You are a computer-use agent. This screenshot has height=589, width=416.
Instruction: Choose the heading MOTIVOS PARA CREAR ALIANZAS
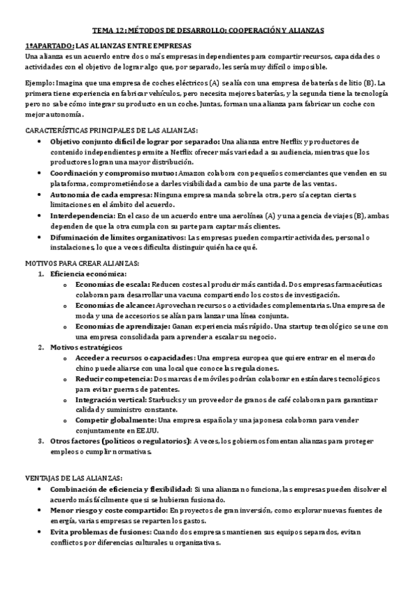pos(82,263)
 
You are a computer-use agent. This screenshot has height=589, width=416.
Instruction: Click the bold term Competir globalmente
pos(115,421)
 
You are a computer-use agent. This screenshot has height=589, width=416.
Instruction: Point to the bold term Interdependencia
pos(84,216)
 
